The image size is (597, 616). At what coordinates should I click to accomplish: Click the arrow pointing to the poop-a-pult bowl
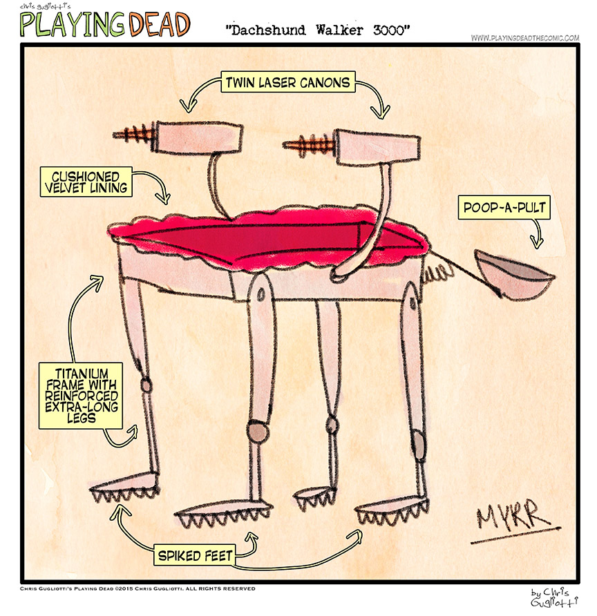[536, 235]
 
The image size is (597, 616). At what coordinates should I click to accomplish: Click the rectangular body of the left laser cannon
[198, 137]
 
